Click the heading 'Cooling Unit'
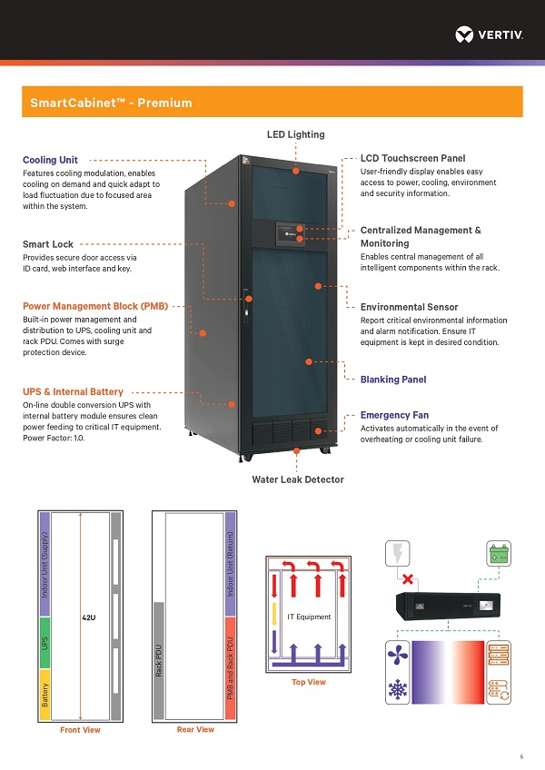[x=50, y=160]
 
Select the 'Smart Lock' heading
[x=47, y=244]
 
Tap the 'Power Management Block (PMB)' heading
[x=95, y=306]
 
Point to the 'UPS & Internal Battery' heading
[x=73, y=391]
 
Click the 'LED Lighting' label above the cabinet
[x=295, y=134]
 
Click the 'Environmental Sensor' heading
[x=409, y=308]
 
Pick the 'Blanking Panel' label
[x=393, y=380]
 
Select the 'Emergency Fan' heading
[x=394, y=415]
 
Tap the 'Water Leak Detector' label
[x=298, y=479]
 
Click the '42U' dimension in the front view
[x=88, y=617]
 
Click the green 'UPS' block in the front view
[x=44, y=641]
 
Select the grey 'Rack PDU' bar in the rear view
[x=157, y=660]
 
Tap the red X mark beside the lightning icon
[x=410, y=578]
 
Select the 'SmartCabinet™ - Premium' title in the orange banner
[x=111, y=103]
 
